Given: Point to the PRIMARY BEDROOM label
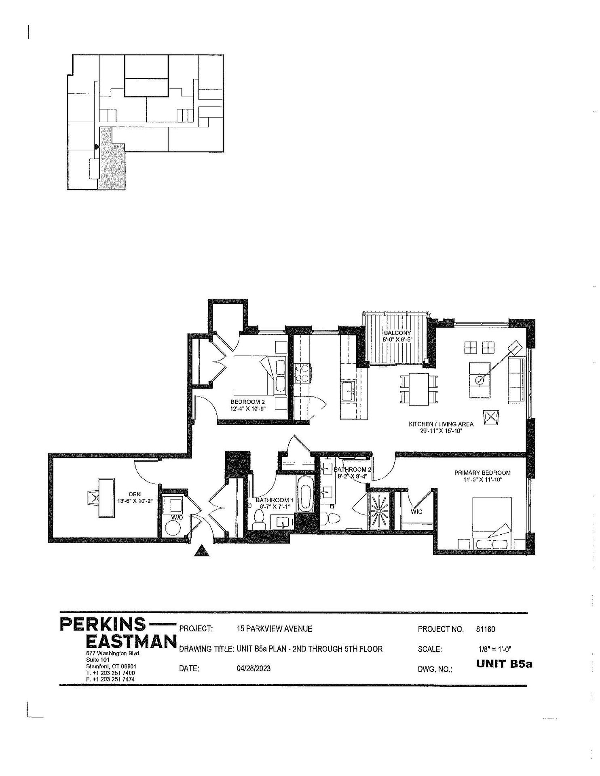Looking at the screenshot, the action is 482,472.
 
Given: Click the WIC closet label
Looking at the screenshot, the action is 416,512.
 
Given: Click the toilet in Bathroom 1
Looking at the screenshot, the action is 258,519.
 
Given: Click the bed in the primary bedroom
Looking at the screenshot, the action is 492,523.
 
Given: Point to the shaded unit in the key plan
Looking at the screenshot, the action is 112,158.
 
